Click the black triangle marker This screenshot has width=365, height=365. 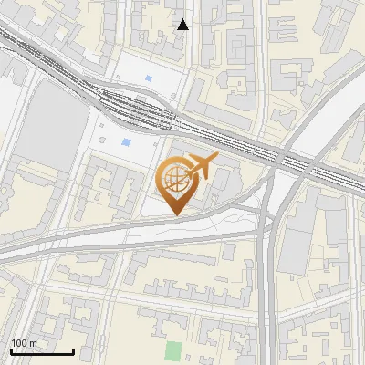click(x=183, y=25)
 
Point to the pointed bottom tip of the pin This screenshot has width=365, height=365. click(x=175, y=215)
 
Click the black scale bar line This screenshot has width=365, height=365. click(x=42, y=351)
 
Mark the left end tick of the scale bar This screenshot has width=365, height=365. click(x=11, y=349)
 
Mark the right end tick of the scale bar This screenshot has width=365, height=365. click(x=73, y=349)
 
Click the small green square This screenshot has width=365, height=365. click(x=173, y=349)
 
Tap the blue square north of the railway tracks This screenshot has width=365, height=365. click(x=149, y=79)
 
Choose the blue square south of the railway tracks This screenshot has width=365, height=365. click(x=126, y=142)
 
